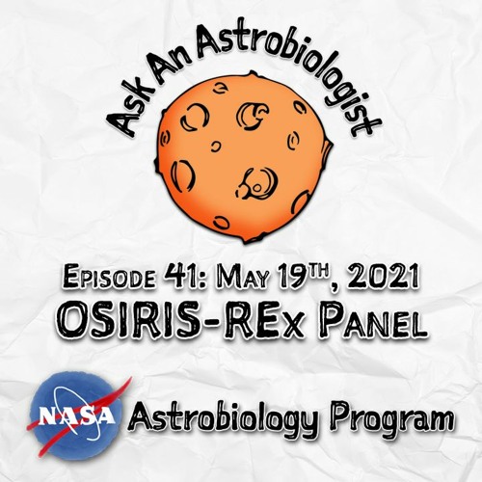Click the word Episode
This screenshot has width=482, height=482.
(108, 278)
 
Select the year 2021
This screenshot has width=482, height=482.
(383, 277)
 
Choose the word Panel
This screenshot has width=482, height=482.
(372, 320)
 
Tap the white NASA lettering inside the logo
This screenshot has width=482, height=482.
(77, 416)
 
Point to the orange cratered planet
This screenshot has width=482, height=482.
(244, 157)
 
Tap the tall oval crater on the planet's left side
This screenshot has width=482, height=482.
(182, 175)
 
